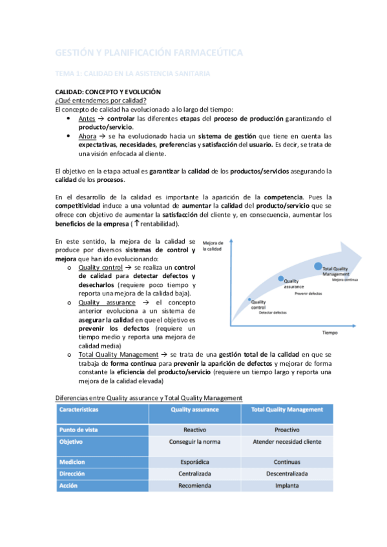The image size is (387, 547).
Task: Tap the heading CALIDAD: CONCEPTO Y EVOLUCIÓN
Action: pos(107,92)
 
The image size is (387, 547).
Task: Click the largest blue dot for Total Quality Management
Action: pos(318,266)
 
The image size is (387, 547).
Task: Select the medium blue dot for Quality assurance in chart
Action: pos(280,279)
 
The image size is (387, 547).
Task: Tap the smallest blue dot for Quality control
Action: pos(250,300)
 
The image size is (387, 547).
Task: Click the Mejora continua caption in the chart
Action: pos(346,280)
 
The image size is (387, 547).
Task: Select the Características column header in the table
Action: pos(79,410)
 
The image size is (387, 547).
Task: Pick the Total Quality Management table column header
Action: pos(287,410)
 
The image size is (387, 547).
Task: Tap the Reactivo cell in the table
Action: pos(194,429)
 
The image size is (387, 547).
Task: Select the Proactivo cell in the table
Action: pos(287,429)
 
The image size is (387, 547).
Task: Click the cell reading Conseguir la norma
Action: pos(194,442)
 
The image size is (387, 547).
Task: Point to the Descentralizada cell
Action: pos(287,473)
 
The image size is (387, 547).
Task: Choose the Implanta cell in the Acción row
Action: pos(287,486)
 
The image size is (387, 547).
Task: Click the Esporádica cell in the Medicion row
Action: pos(194,461)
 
